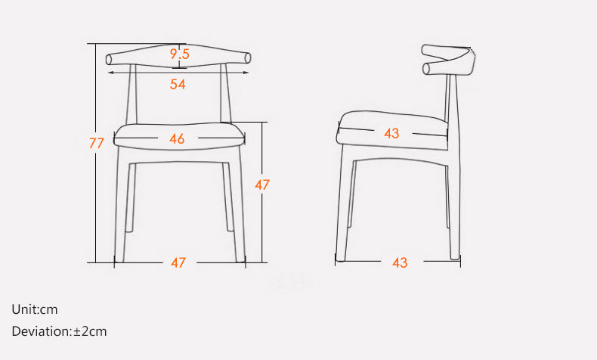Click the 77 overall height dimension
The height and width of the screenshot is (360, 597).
tap(96, 143)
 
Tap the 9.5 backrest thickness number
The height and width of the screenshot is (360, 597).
tap(180, 54)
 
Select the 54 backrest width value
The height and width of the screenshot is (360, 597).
tap(178, 84)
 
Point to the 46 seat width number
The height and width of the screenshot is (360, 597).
tap(177, 138)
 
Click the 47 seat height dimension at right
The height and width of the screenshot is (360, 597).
tap(262, 185)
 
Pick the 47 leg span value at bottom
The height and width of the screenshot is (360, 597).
tap(178, 262)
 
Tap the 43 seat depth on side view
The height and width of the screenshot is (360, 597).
tap(391, 133)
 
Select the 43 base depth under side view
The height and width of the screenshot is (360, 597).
tap(401, 262)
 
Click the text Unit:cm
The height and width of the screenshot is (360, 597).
tap(35, 309)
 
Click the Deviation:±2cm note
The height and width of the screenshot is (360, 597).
tap(60, 331)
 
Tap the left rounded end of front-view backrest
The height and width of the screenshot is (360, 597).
tap(109, 60)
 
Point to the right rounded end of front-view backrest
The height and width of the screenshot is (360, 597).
tap(248, 58)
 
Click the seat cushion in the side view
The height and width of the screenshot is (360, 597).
tap(392, 130)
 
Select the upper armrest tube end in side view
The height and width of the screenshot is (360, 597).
tap(425, 49)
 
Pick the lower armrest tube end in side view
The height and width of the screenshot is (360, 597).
tap(426, 69)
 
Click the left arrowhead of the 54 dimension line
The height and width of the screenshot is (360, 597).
tap(111, 73)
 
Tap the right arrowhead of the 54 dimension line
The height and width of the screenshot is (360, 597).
tap(246, 73)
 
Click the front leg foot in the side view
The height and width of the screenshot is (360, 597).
tap(340, 259)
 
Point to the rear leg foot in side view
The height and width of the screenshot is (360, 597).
tap(455, 256)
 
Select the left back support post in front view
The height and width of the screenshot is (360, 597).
tap(131, 94)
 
